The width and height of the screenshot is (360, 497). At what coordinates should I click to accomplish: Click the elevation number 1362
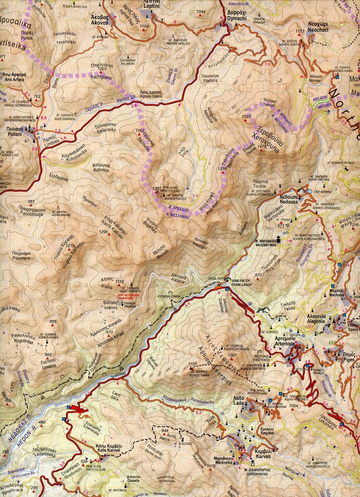coord(157,189)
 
